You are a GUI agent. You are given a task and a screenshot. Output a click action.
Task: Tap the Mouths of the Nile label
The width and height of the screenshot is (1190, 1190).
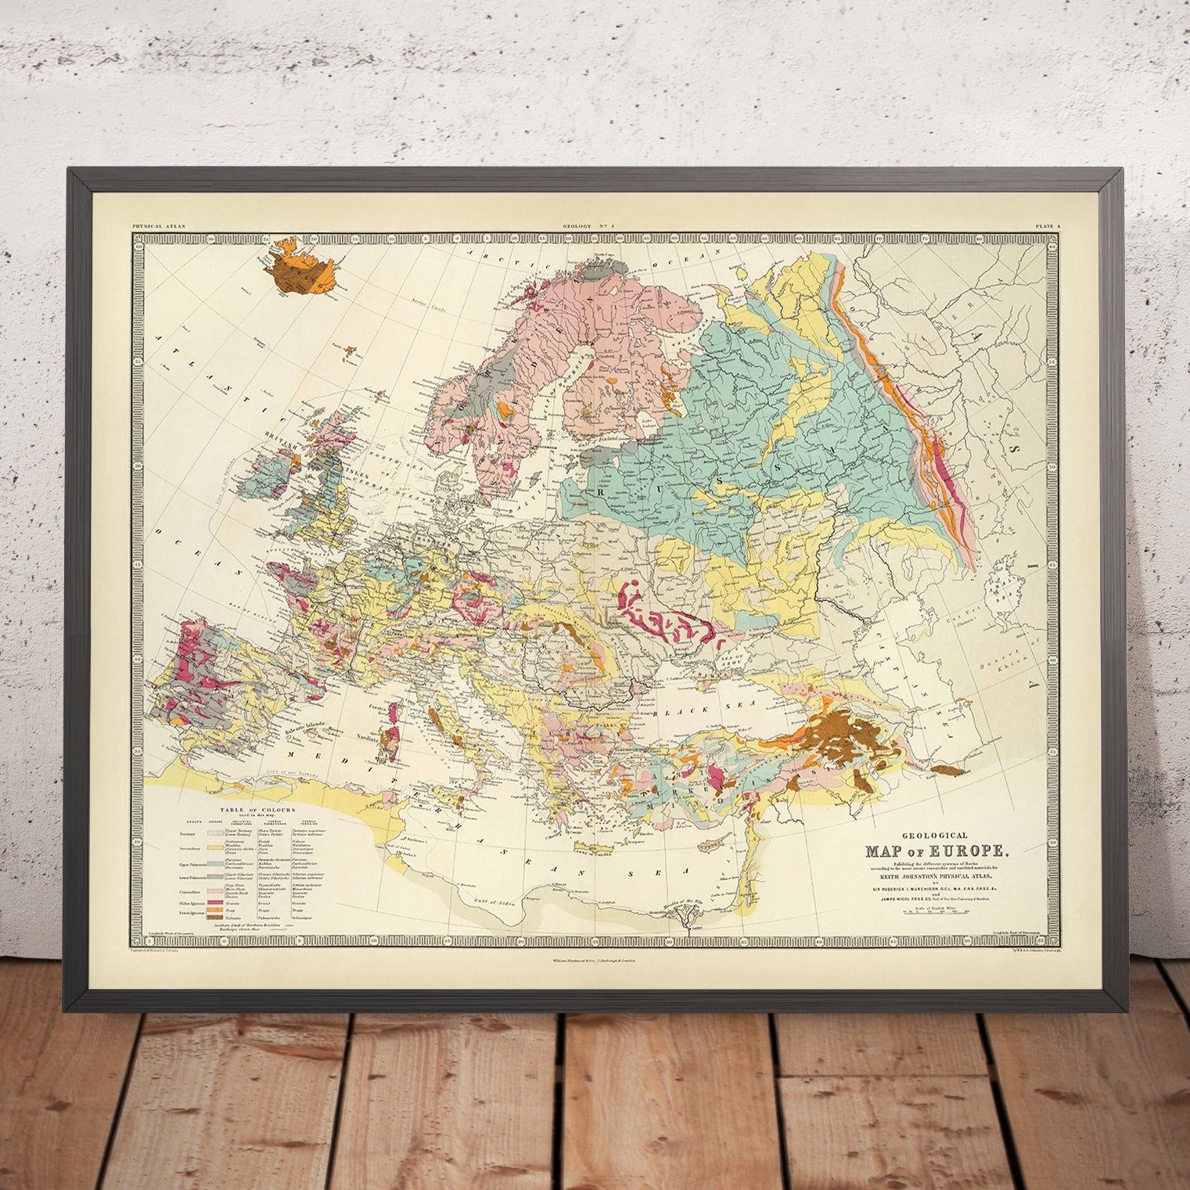688,903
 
